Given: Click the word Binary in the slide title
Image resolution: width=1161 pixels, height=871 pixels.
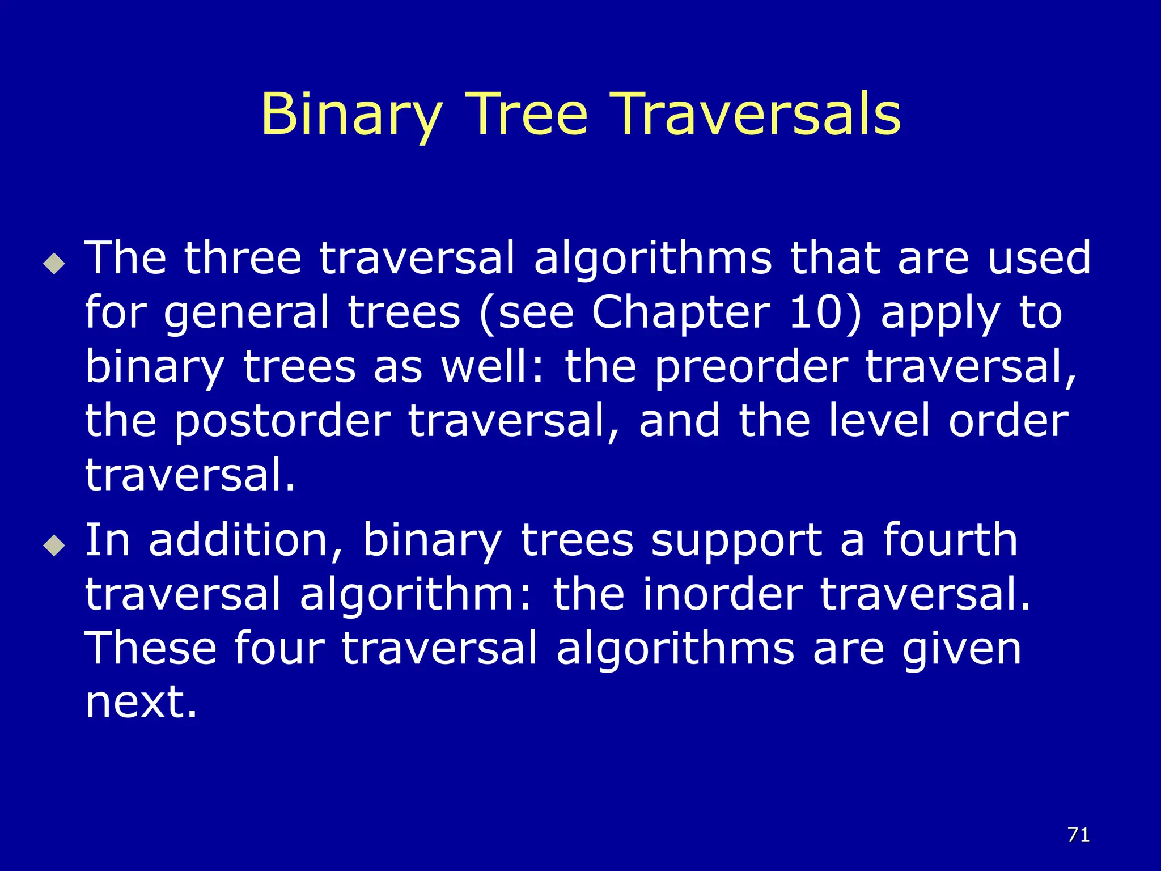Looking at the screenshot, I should point(351,115).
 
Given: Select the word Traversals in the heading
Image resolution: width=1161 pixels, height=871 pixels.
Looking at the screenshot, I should point(757,115).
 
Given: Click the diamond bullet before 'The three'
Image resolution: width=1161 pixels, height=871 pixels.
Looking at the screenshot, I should point(54,263).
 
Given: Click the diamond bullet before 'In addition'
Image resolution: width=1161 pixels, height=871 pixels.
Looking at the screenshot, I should point(54,545).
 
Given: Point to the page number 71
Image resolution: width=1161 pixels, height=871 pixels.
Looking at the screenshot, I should point(1078,835).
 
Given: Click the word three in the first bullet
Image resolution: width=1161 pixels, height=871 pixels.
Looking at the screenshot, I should point(242,258).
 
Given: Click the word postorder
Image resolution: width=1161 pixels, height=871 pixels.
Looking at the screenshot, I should point(282,421).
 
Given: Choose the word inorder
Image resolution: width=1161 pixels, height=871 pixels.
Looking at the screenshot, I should point(723,594).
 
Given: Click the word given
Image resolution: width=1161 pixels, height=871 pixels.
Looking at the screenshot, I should point(961,649).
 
